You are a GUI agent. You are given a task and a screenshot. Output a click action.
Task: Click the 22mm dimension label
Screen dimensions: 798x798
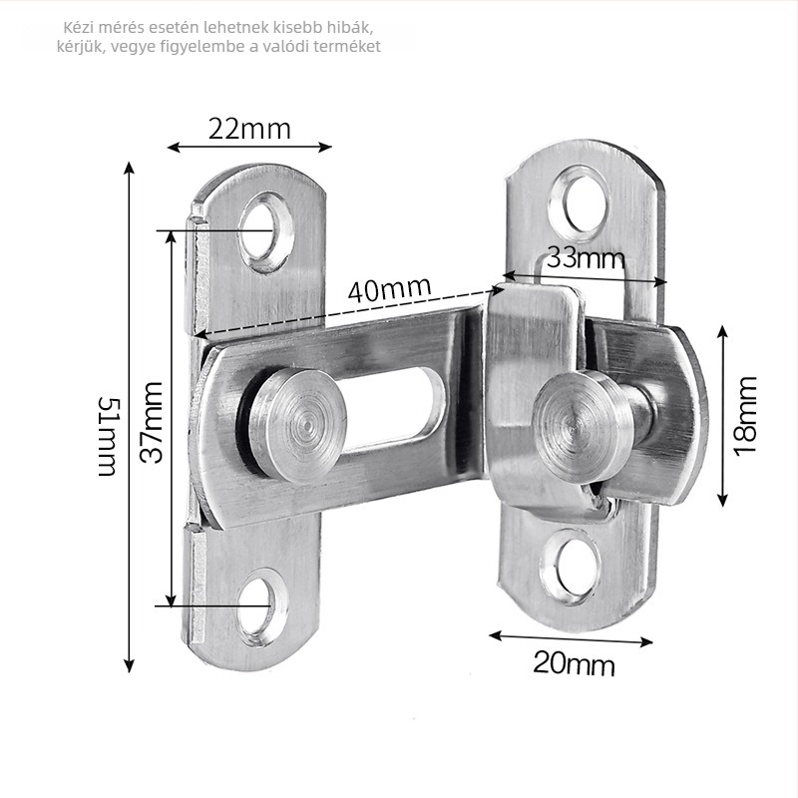(249, 130)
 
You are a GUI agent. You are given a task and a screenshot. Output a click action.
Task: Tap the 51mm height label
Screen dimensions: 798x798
(109, 437)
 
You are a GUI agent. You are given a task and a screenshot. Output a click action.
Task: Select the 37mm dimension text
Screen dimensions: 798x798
(152, 422)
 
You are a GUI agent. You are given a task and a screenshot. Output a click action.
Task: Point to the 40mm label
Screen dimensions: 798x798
(389, 289)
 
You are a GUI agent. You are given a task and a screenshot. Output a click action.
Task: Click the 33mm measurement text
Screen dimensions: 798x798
(586, 258)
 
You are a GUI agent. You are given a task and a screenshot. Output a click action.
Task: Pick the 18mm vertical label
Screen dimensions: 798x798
(745, 416)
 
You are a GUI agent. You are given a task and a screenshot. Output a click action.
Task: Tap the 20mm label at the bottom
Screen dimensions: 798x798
(575, 664)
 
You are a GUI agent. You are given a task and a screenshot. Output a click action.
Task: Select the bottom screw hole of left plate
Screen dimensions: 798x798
(260, 607)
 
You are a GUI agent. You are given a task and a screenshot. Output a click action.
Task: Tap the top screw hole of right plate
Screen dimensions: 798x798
(579, 203)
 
